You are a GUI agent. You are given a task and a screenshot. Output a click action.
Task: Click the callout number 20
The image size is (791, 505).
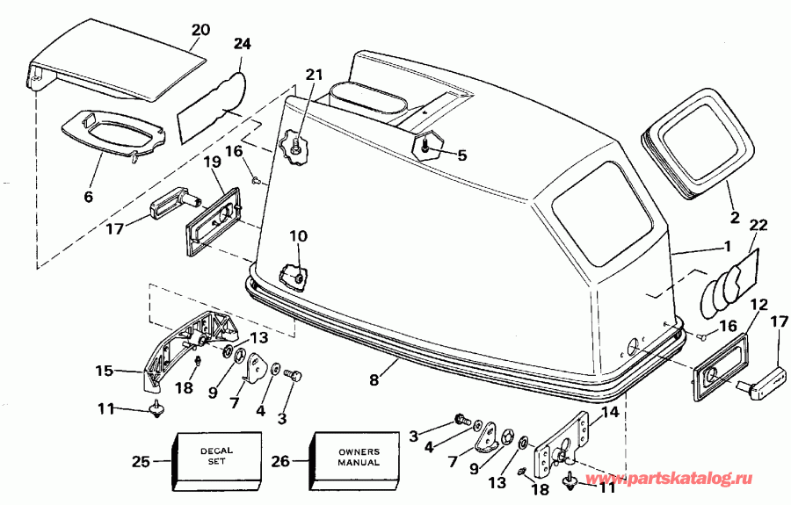(x=200, y=28)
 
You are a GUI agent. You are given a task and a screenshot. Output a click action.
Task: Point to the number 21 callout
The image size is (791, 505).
(x=315, y=74)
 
